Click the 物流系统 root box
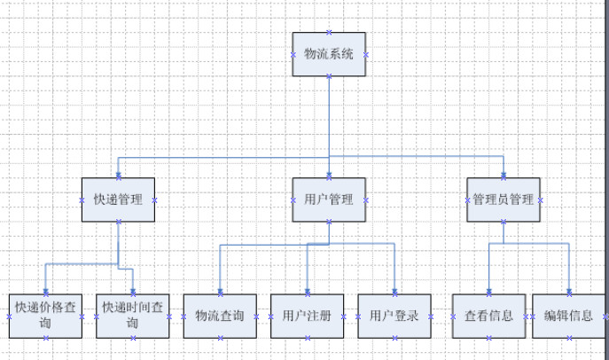point(329,54)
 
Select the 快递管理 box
point(118,200)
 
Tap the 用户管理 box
point(329,200)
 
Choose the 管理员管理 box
point(504,200)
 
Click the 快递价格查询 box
point(45,317)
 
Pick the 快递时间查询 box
point(133,317)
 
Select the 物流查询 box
point(220,317)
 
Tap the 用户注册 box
point(308,317)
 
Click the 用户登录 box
point(394,317)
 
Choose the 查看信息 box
point(489,317)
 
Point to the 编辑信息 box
point(569,317)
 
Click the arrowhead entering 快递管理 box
point(119,176)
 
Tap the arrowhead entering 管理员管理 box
point(504,176)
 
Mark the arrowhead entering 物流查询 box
point(220,291)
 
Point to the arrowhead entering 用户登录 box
point(394,291)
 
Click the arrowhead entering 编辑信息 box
point(569,291)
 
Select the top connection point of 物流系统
point(329,32)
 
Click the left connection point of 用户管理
point(293,200)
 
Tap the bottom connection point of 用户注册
point(308,338)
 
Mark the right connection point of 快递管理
point(154,200)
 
